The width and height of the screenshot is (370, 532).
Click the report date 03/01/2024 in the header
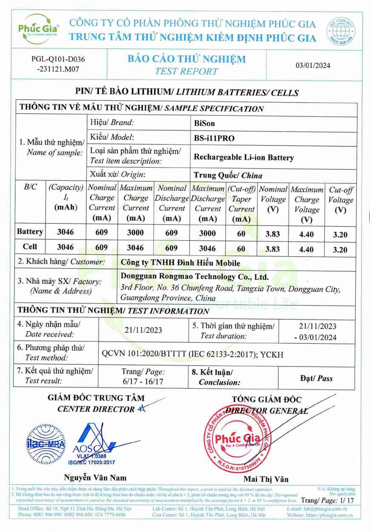[313, 65]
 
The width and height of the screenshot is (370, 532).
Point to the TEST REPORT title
[186, 71]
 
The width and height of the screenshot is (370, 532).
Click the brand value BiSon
[205, 123]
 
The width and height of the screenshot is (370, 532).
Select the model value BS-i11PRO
[214, 138]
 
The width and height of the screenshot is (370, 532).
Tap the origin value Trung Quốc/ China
[228, 175]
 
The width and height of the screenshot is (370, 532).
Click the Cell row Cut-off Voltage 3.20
[340, 250]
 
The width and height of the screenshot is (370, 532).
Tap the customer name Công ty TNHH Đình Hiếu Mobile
[180, 263]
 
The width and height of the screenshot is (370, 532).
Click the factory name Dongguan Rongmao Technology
[195, 277]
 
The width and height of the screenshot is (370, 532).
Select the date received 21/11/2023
[143, 330]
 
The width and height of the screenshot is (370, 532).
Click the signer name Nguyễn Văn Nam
[95, 477]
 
